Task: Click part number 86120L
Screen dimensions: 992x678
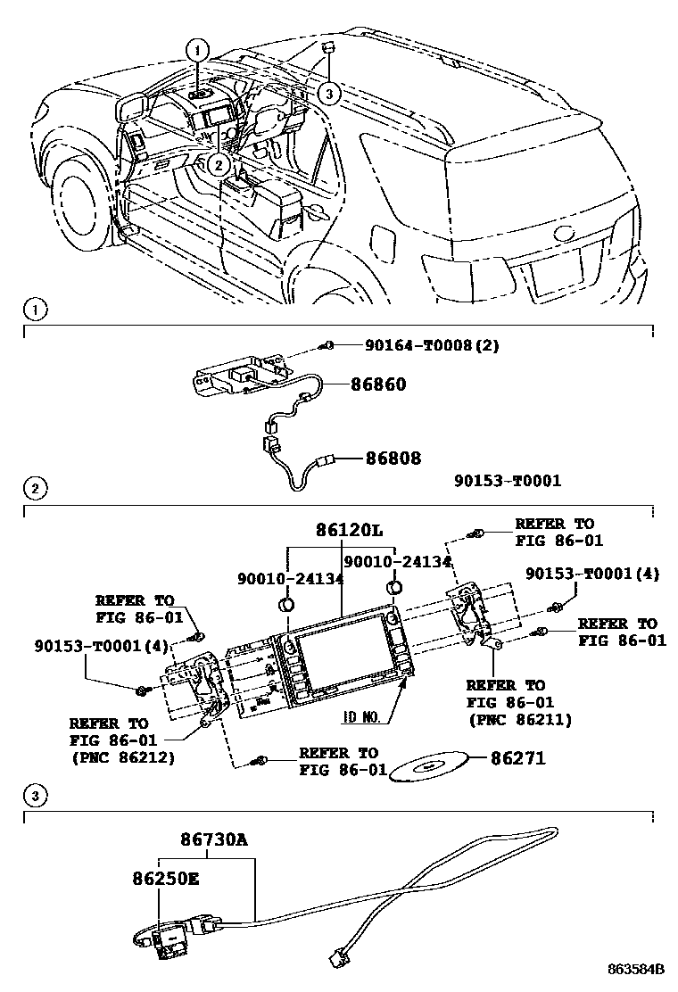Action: pyautogui.click(x=349, y=530)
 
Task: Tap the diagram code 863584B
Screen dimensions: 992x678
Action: pyautogui.click(x=639, y=969)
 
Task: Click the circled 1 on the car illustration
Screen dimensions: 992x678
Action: pyautogui.click(x=199, y=50)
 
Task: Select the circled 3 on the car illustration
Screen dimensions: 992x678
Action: pyautogui.click(x=329, y=93)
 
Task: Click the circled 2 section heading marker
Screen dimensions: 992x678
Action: pyautogui.click(x=34, y=488)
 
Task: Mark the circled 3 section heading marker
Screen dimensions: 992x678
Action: pyautogui.click(x=34, y=794)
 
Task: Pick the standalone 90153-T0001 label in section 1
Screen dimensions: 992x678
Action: pyautogui.click(x=507, y=481)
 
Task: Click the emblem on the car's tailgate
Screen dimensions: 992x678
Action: pyautogui.click(x=566, y=234)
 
